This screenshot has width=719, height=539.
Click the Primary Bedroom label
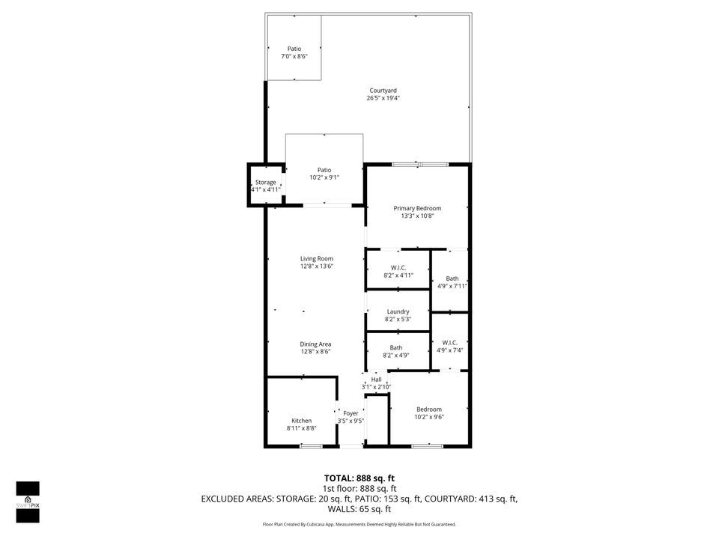417,208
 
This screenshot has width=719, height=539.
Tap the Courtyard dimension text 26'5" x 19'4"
383,98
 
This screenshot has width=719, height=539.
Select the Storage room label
265,182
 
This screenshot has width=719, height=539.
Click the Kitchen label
301,421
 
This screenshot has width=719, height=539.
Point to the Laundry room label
398,311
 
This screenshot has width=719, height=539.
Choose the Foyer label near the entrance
351,413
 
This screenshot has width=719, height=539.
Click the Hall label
376,380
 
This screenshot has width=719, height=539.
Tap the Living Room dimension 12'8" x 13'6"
316,266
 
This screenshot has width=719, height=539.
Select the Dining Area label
316,344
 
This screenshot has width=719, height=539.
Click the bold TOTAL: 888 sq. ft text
359,478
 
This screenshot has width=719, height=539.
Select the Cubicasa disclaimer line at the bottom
359,524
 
